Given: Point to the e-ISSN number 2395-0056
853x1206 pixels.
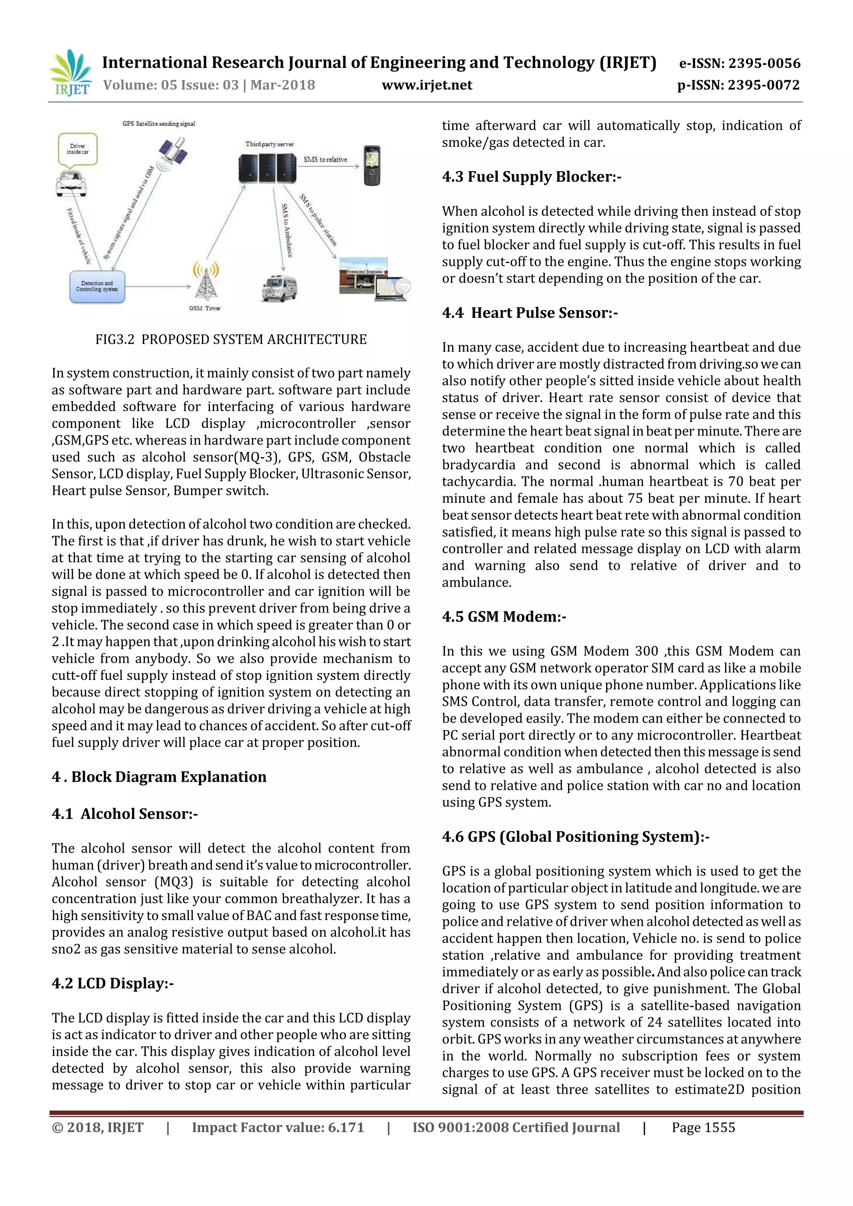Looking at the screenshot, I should tap(739, 64).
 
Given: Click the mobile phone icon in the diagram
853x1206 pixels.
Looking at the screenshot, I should tap(372, 165).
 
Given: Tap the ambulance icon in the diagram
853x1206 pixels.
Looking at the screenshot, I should tap(279, 288).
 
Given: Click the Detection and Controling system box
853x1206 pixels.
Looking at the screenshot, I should tap(97, 287).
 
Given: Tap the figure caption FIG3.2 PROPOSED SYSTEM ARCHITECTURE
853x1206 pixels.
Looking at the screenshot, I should tap(231, 339).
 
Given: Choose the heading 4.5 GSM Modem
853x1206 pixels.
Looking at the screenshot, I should tap(504, 616).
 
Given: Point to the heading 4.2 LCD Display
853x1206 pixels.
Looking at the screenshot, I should tap(112, 983).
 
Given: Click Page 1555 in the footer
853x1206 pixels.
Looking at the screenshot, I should tap(703, 1127).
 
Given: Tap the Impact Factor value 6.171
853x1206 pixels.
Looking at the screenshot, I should tap(277, 1127).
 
